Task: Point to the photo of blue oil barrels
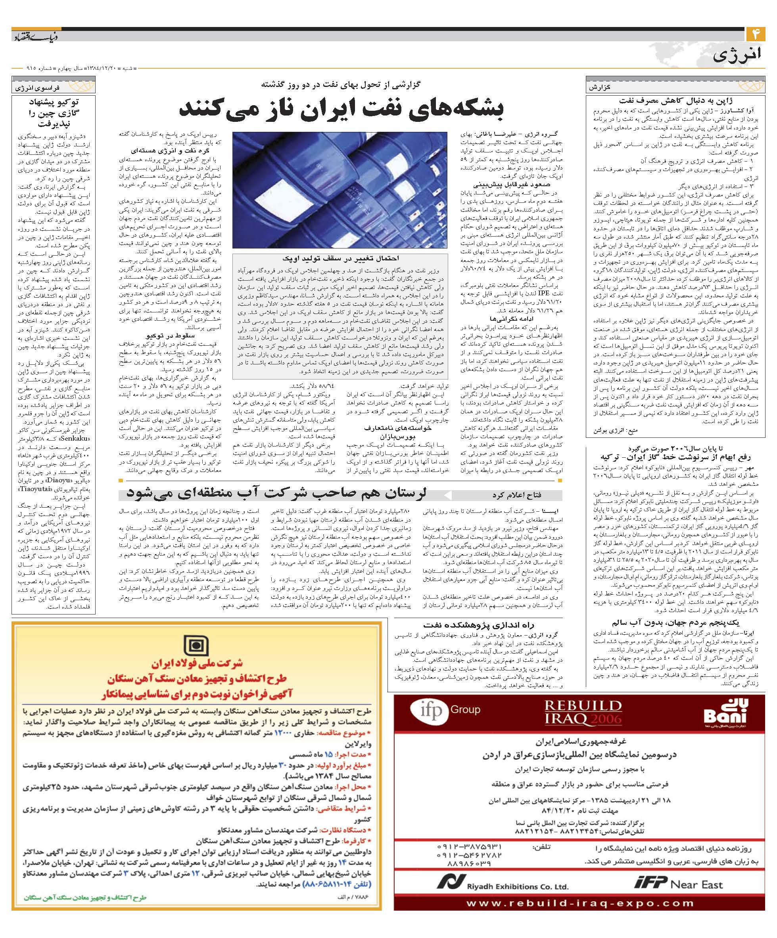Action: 339,189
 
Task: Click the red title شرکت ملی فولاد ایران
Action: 196,663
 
